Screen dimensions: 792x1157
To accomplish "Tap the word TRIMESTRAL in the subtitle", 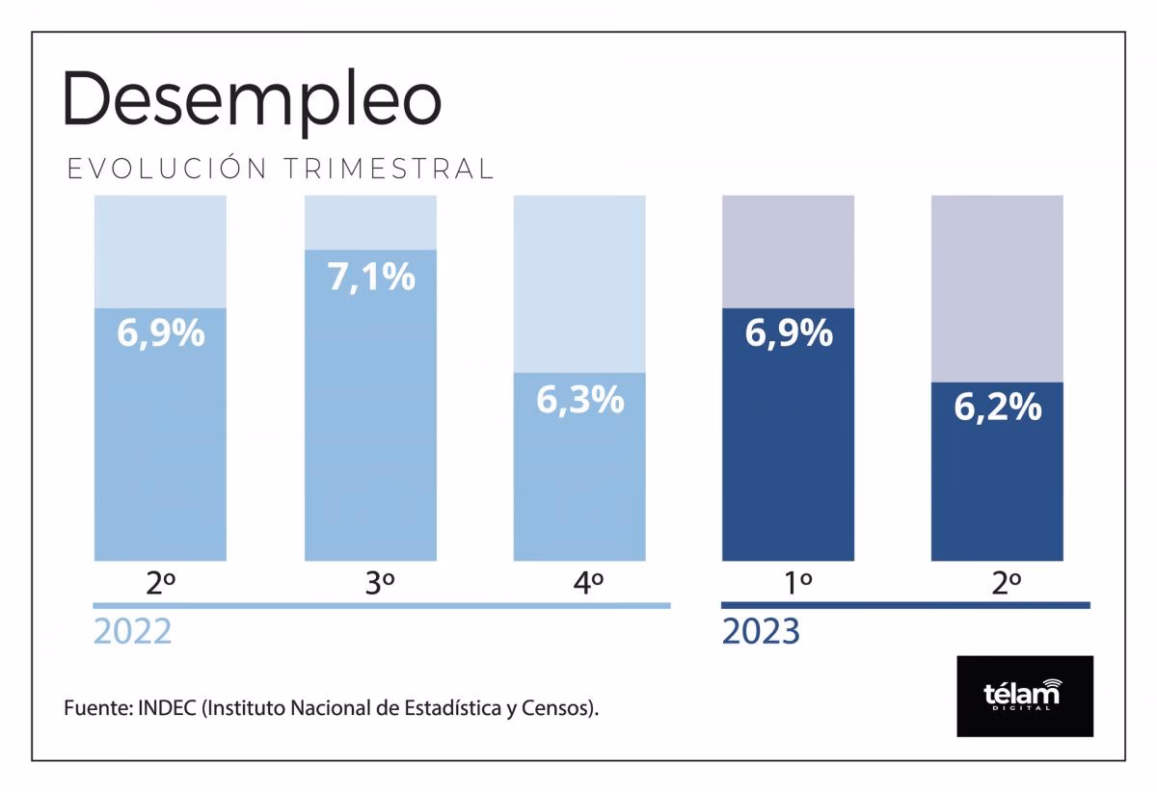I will click(390, 169).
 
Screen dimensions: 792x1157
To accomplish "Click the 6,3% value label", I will click(579, 400).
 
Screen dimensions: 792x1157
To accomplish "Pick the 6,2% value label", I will click(997, 408).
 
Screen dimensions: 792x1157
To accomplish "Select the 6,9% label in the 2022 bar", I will click(160, 333).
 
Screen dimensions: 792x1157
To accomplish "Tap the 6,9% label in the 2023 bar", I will click(788, 333).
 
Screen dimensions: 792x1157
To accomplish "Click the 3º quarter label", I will click(380, 583).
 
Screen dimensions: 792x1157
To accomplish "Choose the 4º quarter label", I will click(588, 583).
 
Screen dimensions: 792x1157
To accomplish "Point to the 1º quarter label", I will click(797, 583).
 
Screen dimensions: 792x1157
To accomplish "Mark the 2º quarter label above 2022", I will click(160, 583).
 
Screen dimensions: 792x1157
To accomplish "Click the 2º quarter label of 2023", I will click(1006, 583).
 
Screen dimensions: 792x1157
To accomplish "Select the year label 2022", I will click(132, 632).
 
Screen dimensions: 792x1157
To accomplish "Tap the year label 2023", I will click(761, 632).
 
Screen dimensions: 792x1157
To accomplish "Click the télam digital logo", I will click(1024, 696).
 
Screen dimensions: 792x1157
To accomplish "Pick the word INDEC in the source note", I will click(168, 708).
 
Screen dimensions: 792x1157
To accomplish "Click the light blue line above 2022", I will click(381, 605).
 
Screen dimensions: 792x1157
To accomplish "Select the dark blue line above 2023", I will click(905, 605).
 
